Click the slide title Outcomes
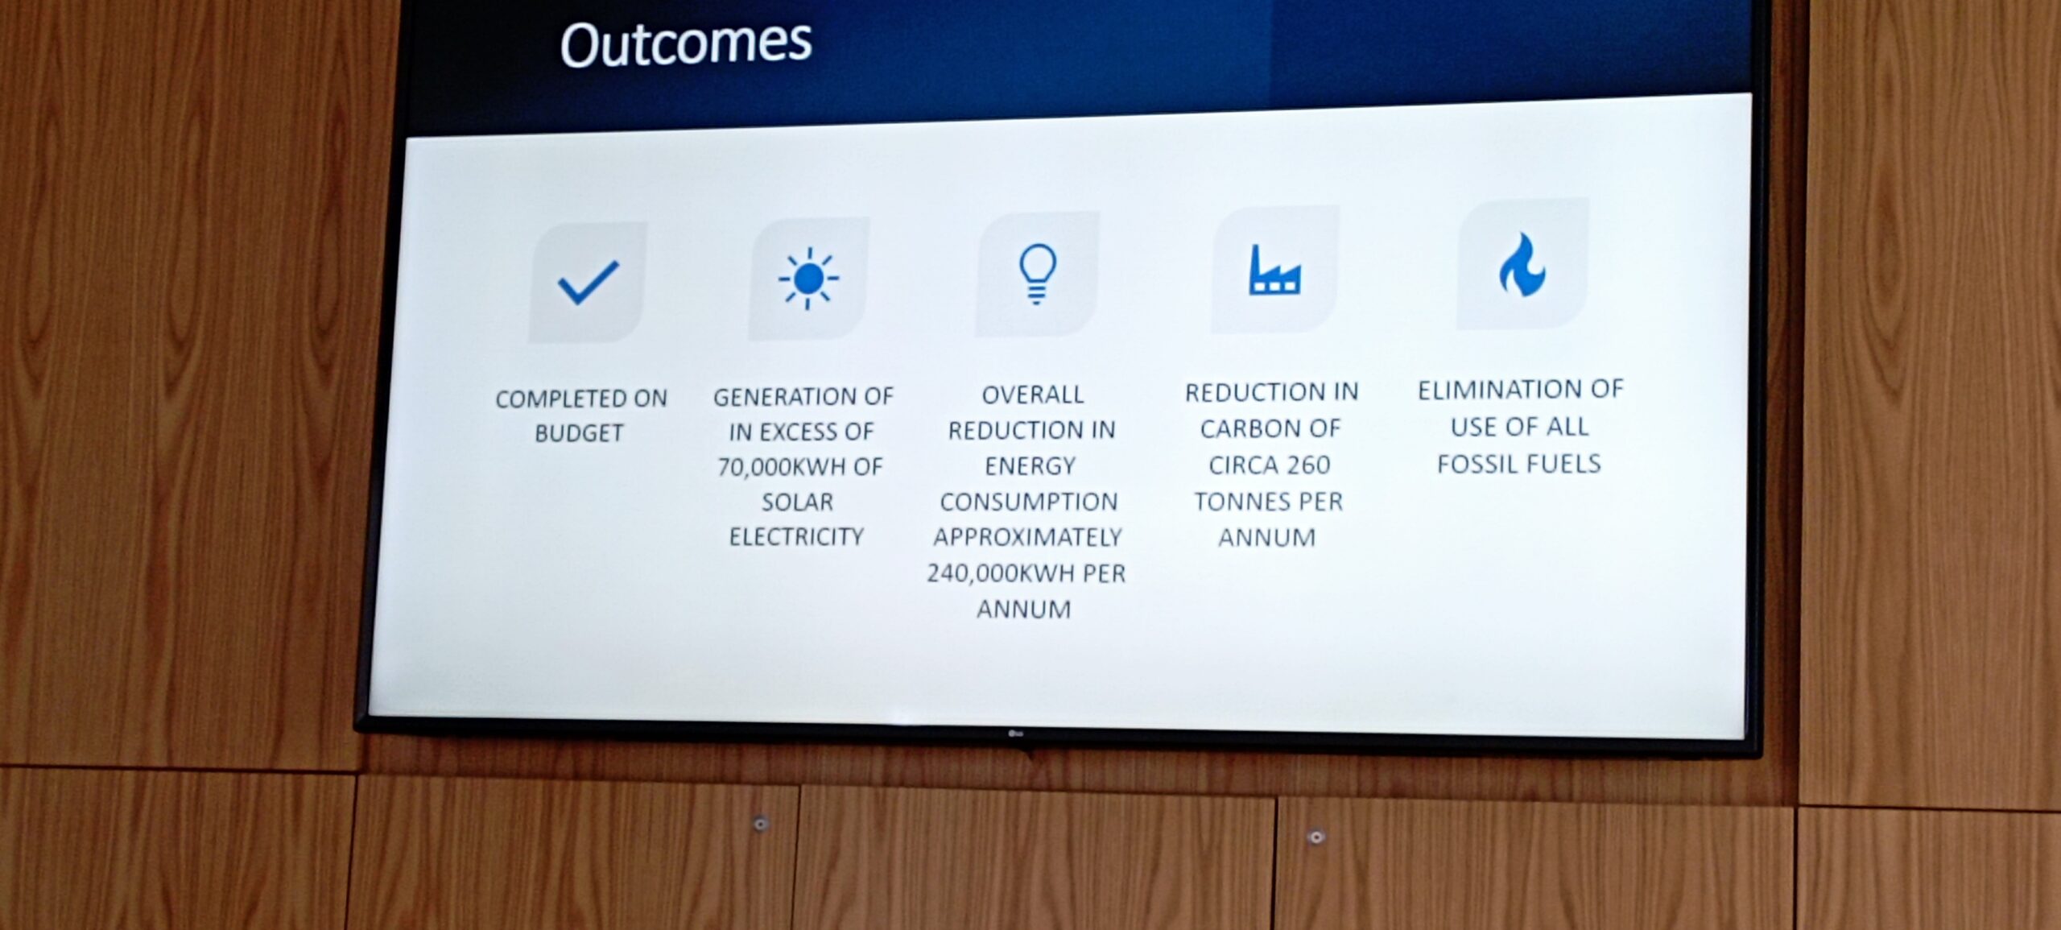686,43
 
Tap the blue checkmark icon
589,283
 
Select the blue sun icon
808,279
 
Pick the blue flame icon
1522,265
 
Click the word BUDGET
579,434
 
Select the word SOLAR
797,502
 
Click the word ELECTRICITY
796,537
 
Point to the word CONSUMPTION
1029,502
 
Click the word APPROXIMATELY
1027,538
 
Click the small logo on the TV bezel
1015,734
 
